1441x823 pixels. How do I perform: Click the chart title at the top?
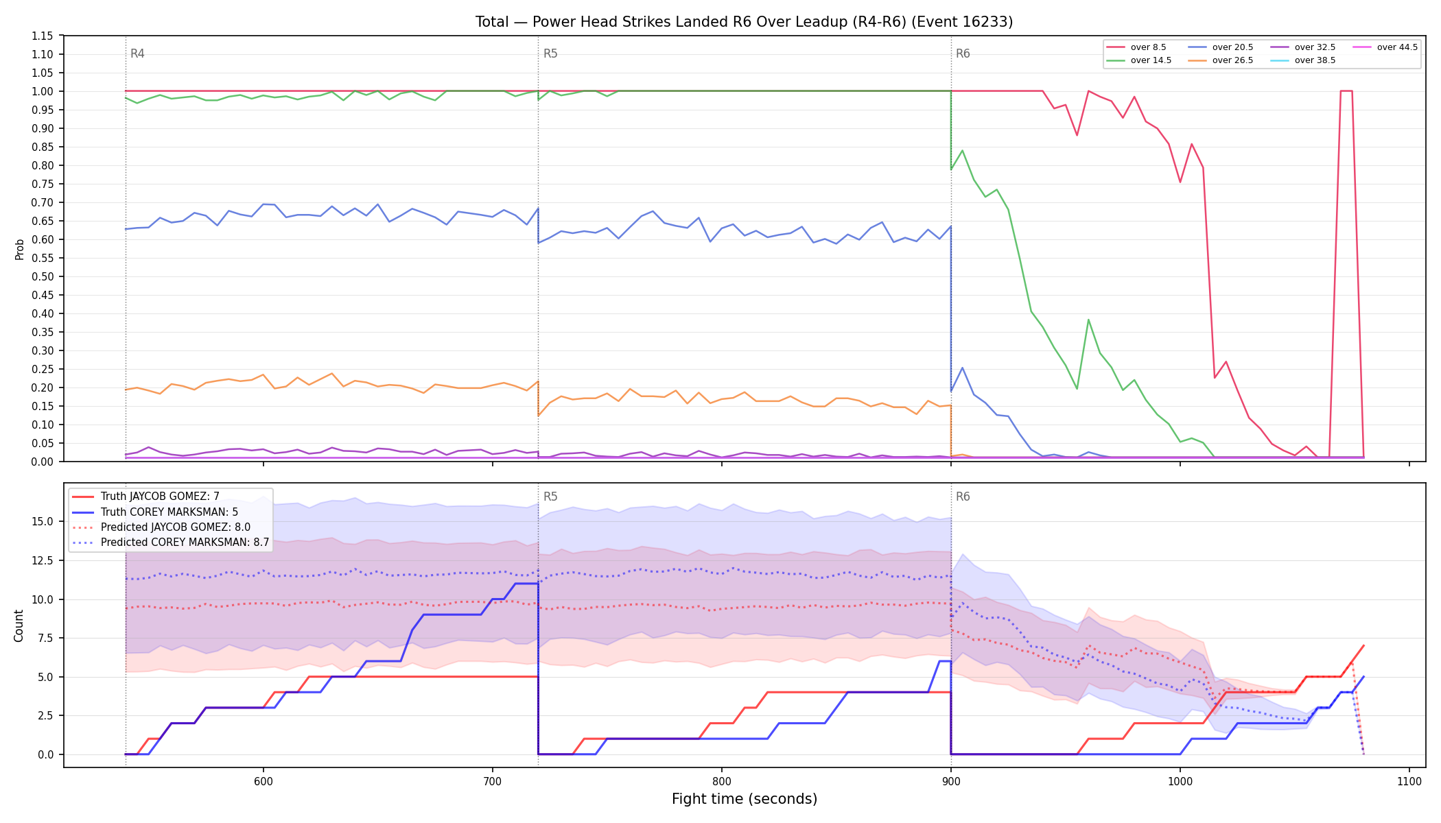pyautogui.click(x=744, y=22)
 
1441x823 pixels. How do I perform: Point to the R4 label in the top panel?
pyautogui.click(x=137, y=53)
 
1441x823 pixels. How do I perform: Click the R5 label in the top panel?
pyautogui.click(x=550, y=53)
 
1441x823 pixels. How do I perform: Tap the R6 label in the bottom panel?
pyautogui.click(x=963, y=497)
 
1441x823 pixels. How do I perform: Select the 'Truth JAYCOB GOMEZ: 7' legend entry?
pyautogui.click(x=160, y=497)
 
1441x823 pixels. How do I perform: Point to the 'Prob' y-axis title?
pyautogui.click(x=20, y=249)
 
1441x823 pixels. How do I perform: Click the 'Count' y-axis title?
pyautogui.click(x=19, y=625)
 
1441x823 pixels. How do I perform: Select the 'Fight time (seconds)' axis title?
pyautogui.click(x=745, y=799)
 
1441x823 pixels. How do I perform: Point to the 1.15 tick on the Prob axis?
pyautogui.click(x=42, y=36)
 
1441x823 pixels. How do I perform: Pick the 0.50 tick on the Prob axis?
pyautogui.click(x=42, y=276)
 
